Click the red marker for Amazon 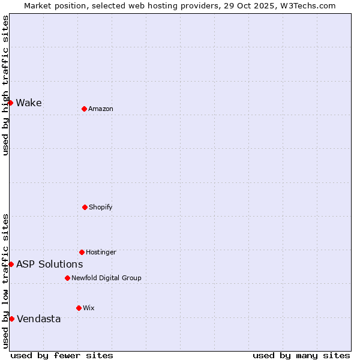(x=85, y=109)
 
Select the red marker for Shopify (x=85, y=207)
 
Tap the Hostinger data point (x=82, y=252)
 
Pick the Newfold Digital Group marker (x=67, y=278)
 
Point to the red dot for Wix (x=79, y=308)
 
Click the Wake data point (x=11, y=103)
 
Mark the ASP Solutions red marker (x=11, y=264)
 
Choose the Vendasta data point (x=11, y=319)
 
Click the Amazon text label (x=101, y=109)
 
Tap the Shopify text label (x=101, y=207)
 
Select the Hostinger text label (x=101, y=252)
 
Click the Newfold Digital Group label (x=106, y=278)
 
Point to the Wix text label (x=89, y=308)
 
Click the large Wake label (x=29, y=103)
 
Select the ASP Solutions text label (x=49, y=264)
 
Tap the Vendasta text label (x=38, y=319)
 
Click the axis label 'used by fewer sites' (x=62, y=355)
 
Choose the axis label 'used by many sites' (x=301, y=355)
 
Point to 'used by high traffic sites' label (x=5, y=85)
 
